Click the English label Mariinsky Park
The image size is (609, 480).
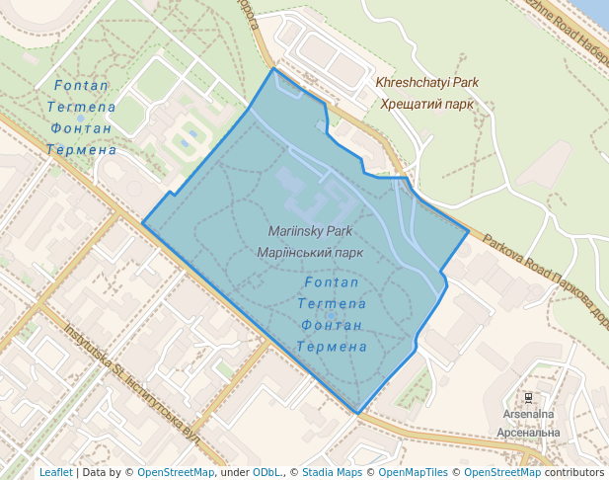[310, 231]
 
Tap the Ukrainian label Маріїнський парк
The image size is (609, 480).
[309, 252]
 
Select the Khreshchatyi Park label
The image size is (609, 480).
[426, 83]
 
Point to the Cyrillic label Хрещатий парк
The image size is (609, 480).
[427, 104]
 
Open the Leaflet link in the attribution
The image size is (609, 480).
[55, 473]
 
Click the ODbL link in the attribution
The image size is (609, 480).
[269, 473]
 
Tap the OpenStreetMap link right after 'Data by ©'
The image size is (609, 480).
[176, 473]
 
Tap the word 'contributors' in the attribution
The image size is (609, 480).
[574, 473]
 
